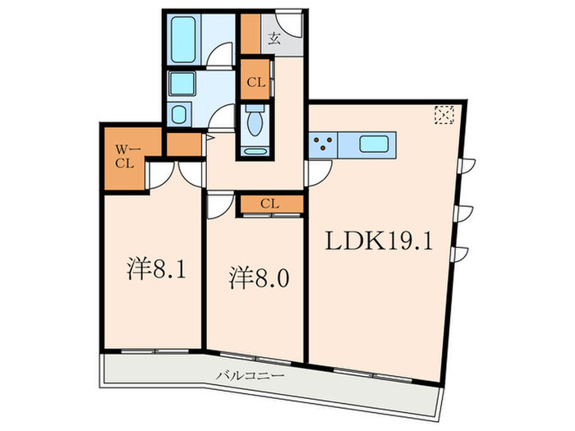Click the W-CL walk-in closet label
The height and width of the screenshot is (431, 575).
coord(125,156)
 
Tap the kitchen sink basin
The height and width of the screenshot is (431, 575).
coord(377,145)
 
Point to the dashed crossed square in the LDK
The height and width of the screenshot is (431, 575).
coord(444,116)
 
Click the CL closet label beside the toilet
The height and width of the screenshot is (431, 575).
coord(255,81)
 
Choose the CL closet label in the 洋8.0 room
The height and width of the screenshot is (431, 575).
coord(269,203)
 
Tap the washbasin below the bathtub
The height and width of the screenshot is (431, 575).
coord(180,85)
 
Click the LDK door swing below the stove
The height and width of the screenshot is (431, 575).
coord(320,171)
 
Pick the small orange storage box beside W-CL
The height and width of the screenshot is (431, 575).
coord(184,144)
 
